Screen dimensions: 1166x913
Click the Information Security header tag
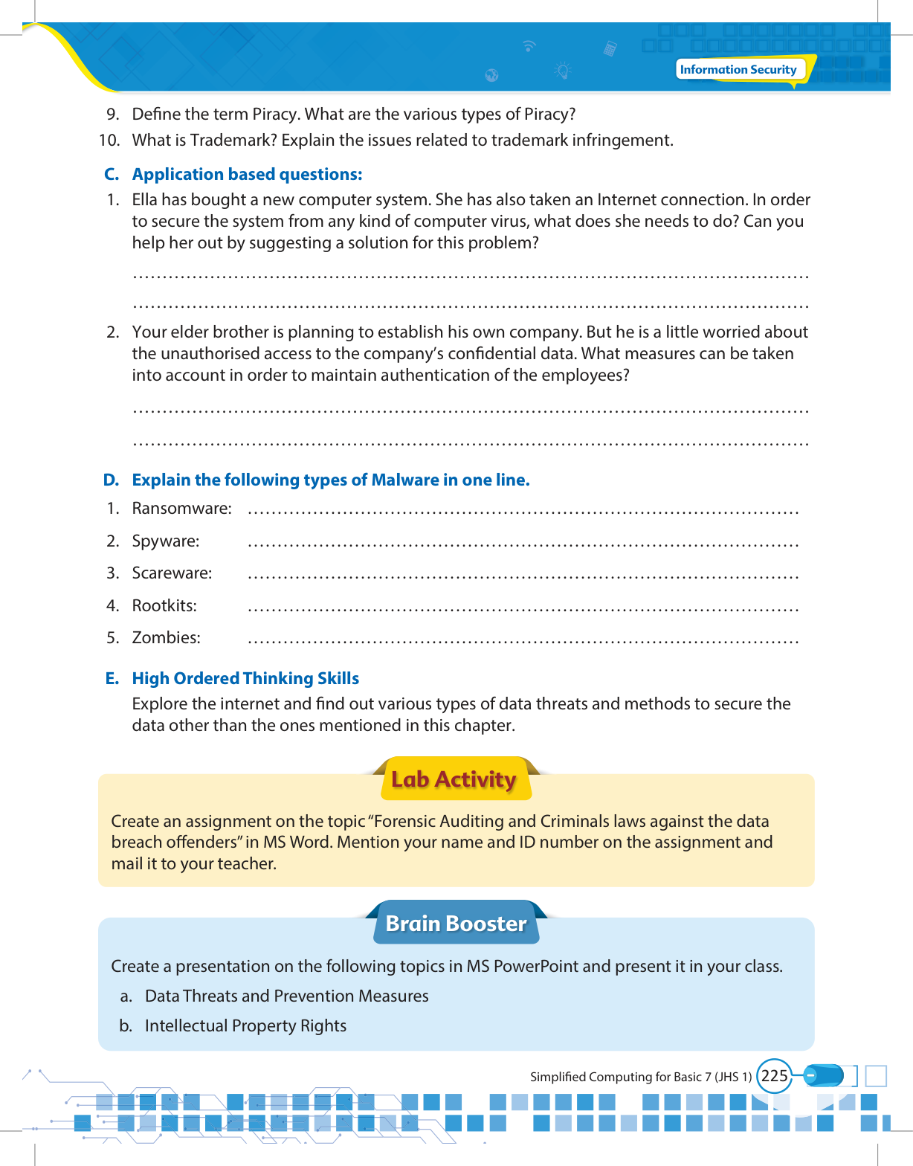[738, 70]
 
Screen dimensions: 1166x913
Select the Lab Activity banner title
[454, 779]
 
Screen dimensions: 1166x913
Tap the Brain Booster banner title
[456, 924]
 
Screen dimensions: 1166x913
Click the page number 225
[774, 1076]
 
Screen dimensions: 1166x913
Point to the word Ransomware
[181, 509]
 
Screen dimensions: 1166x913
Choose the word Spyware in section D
[165, 541]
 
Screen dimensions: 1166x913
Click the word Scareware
[172, 573]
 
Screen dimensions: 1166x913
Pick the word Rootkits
[164, 606]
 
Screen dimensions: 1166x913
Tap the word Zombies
[166, 638]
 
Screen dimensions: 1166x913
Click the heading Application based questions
[247, 175]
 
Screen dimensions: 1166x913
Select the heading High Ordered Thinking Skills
[245, 679]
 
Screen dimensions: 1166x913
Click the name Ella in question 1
[145, 200]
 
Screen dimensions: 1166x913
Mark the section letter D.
[111, 480]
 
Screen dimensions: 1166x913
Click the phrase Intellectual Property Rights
[245, 1026]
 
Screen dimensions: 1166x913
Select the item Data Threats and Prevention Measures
[286, 996]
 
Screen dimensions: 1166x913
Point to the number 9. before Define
[113, 115]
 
